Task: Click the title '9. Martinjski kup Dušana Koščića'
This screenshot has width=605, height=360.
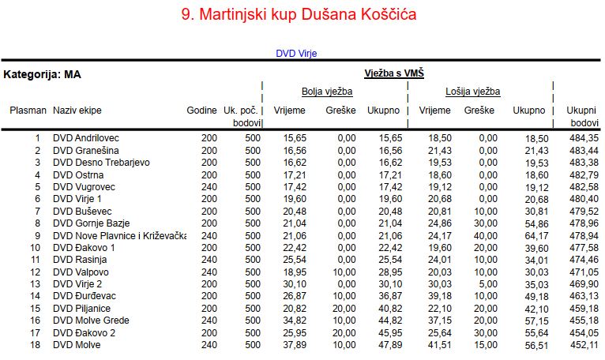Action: tap(302, 14)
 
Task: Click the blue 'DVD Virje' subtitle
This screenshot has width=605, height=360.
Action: tap(296, 54)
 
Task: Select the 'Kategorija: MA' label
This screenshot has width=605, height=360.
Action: tap(43, 75)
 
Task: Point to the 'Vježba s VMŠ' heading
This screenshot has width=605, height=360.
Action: tap(394, 73)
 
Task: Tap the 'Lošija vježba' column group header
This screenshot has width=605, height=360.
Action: tap(472, 92)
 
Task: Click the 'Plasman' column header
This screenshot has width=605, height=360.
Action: tap(28, 111)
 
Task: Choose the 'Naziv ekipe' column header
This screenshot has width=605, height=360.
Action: tap(77, 111)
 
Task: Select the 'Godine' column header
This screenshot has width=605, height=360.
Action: tap(201, 111)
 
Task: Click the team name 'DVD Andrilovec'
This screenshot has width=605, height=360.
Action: tap(86, 138)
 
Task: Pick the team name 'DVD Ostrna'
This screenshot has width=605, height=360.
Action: tap(77, 174)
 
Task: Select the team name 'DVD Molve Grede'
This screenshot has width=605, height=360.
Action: tap(90, 321)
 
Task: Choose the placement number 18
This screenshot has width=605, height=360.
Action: tap(35, 345)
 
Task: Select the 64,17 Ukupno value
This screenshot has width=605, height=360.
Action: tap(536, 235)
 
